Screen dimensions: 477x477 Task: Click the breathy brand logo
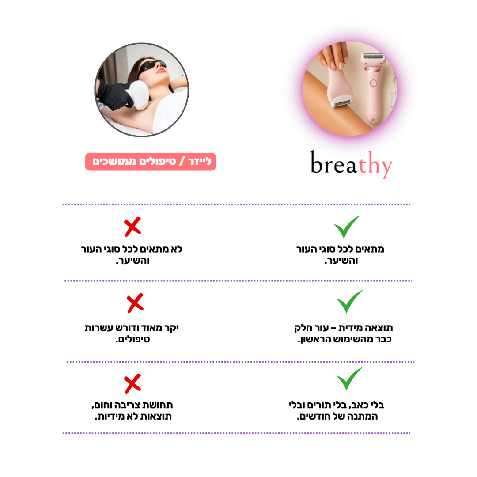[x=352, y=165]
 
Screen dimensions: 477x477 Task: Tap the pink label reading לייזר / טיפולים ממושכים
[x=151, y=162]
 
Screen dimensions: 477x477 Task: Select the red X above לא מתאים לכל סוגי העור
[x=132, y=227]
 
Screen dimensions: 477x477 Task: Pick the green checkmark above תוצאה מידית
[x=349, y=302]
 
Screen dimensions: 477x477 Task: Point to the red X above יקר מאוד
[x=135, y=303]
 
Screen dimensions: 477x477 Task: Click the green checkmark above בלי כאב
[x=349, y=379]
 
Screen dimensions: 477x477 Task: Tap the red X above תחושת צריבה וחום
[x=132, y=383]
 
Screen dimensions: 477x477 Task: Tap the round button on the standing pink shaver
[x=373, y=83]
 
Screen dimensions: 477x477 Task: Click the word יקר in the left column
[x=170, y=328]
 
